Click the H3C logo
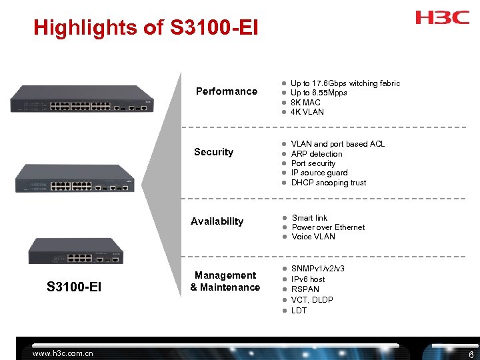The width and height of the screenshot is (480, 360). [443, 17]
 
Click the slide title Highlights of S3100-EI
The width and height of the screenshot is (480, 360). [145, 28]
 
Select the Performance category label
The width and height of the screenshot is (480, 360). [227, 91]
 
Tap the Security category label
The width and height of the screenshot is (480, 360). [213, 152]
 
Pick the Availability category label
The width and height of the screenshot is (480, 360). [217, 221]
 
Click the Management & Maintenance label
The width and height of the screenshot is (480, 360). [225, 281]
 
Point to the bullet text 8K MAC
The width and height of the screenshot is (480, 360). [305, 102]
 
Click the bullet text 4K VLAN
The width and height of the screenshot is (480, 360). [307, 112]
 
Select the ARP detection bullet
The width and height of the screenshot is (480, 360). [317, 154]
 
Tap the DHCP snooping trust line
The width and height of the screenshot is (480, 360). [329, 183]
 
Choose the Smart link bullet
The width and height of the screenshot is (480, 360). [309, 218]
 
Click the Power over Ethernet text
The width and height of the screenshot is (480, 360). [328, 227]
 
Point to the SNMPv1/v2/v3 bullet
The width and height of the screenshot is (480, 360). [318, 269]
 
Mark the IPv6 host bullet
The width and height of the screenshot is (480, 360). [308, 279]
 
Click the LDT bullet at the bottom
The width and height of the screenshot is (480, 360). [299, 311]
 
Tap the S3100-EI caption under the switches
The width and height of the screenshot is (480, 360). [74, 287]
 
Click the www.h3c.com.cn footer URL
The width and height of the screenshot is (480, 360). [63, 353]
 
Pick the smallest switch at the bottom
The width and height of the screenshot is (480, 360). [75, 250]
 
